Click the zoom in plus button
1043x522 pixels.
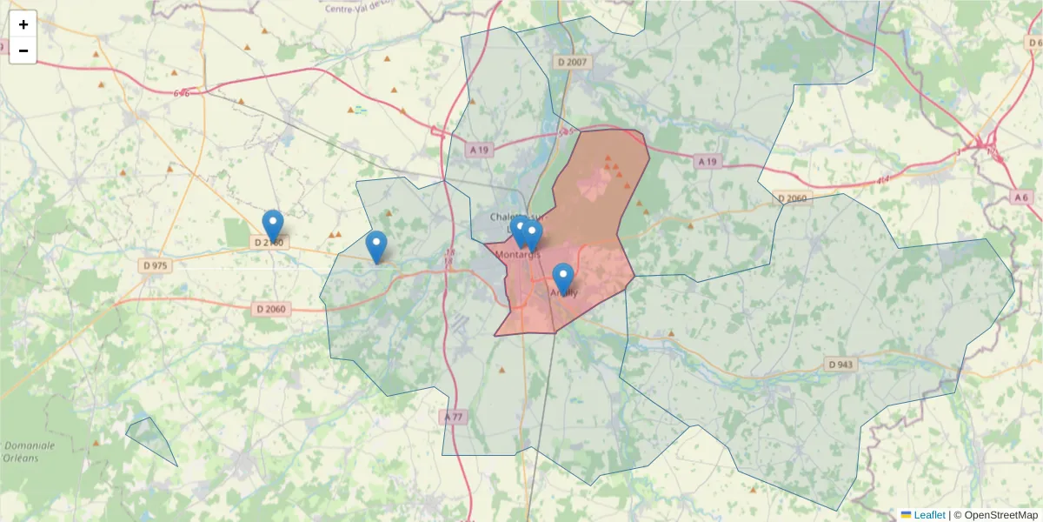point(23,24)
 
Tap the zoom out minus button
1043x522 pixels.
point(23,50)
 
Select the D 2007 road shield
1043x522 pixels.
point(572,62)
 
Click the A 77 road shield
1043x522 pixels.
point(454,418)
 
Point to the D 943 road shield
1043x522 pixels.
point(840,365)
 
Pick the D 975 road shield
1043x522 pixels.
point(155,264)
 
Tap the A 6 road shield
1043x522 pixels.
point(1021,197)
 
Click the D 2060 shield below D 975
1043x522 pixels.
point(271,309)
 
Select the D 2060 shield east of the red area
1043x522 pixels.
point(792,198)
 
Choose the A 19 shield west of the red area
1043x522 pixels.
point(479,150)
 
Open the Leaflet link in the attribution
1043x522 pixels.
point(928,515)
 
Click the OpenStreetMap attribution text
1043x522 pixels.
point(995,515)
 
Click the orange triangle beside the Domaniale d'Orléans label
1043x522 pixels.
point(96,442)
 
